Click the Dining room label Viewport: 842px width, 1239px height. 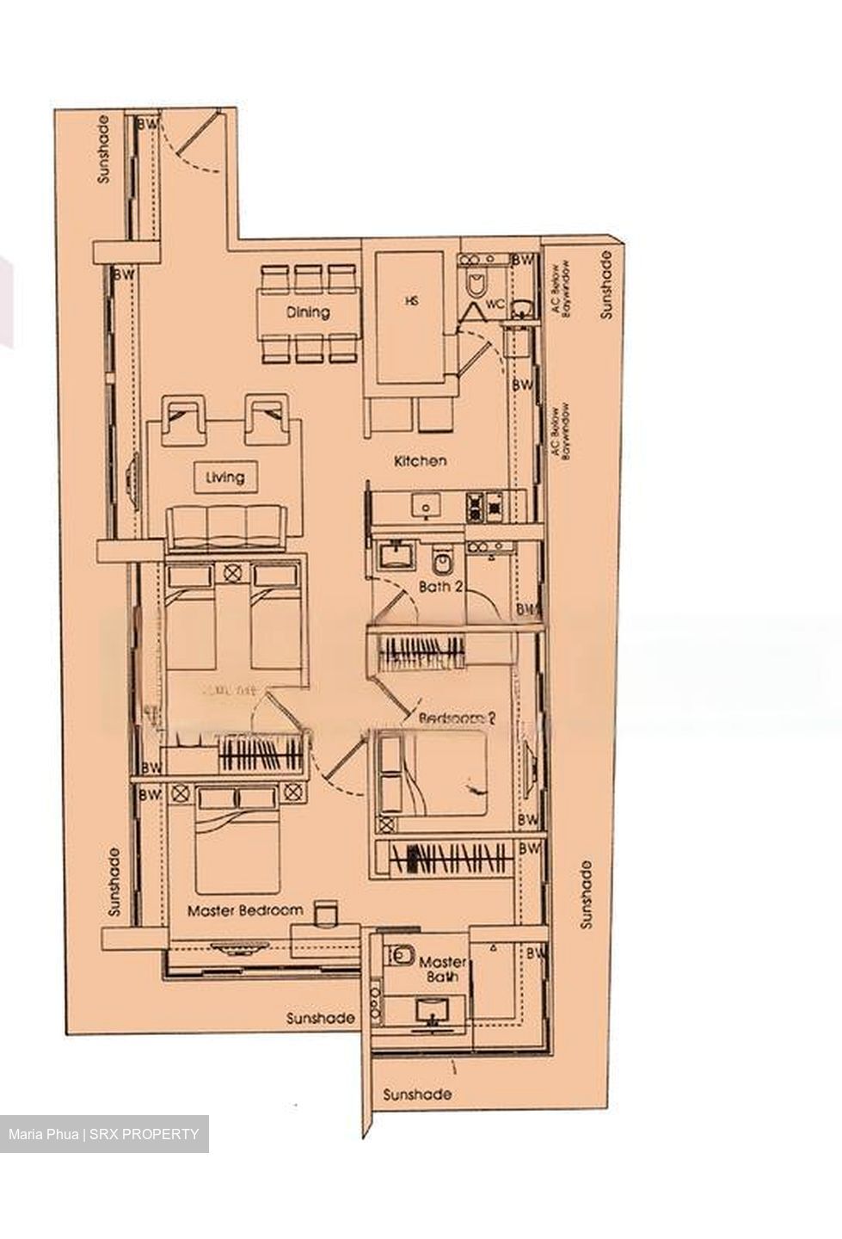pyautogui.click(x=307, y=312)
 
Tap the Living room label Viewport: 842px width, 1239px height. pyautogui.click(x=224, y=476)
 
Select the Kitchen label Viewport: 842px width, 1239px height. pyautogui.click(x=420, y=461)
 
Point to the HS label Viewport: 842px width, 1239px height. pyautogui.click(x=409, y=301)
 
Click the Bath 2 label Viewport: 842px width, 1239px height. pyautogui.click(x=441, y=587)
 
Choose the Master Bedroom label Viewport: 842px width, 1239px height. pyautogui.click(x=245, y=909)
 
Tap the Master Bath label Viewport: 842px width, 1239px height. pyautogui.click(x=443, y=969)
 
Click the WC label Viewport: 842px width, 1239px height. pyautogui.click(x=495, y=305)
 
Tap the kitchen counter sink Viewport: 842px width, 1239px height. pyautogui.click(x=426, y=505)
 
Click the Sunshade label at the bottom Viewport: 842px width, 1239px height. pyautogui.click(x=416, y=1094)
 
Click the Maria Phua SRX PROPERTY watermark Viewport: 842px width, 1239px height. pyautogui.click(x=103, y=1134)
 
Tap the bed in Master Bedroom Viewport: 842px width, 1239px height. pyautogui.click(x=238, y=843)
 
